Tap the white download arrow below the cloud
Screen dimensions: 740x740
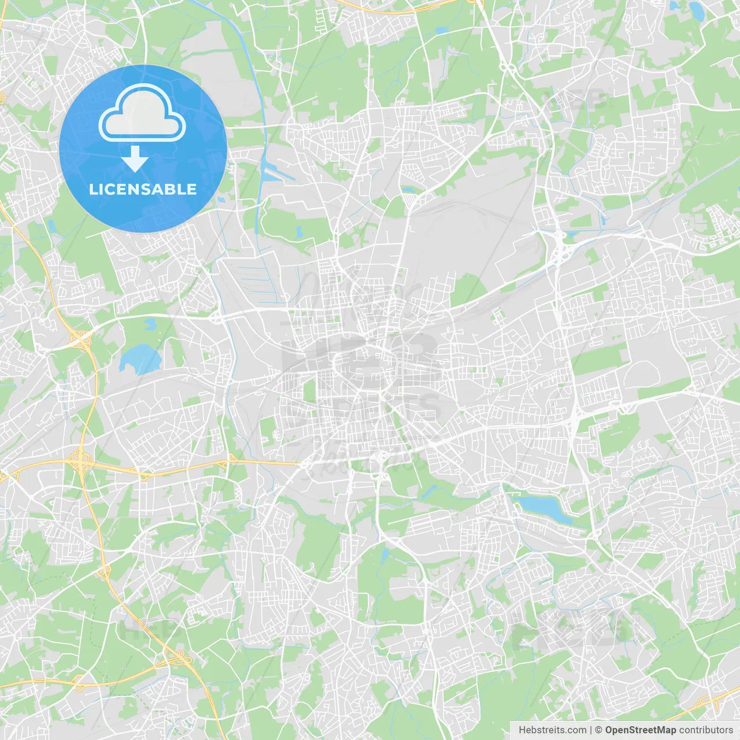[135, 158]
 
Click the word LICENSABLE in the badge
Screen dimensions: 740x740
[143, 189]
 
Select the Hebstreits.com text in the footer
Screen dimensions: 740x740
[552, 730]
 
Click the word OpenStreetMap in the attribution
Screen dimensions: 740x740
[641, 730]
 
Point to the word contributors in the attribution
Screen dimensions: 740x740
[706, 730]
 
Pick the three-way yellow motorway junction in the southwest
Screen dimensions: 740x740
[179, 657]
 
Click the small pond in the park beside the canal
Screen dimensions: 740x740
[299, 232]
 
